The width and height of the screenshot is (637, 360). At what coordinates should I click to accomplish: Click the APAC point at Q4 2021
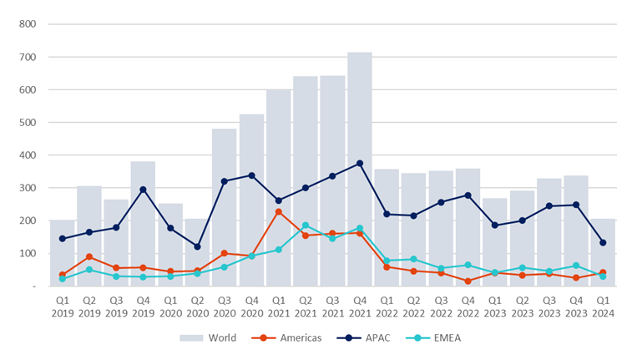point(360,164)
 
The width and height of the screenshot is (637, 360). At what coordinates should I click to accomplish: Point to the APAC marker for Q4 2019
point(144,190)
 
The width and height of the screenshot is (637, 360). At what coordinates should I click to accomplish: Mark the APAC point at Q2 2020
point(198,246)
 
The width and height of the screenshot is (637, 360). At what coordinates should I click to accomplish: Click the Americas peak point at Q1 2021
point(279,211)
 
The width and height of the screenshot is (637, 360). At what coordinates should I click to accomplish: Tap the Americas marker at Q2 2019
point(89,256)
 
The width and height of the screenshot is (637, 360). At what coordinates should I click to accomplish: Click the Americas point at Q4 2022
point(468,281)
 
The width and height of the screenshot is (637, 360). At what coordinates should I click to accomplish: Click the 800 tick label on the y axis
point(27,24)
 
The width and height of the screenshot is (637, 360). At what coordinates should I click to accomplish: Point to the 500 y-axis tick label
point(27,123)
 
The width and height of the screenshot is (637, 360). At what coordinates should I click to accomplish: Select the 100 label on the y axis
point(27,253)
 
